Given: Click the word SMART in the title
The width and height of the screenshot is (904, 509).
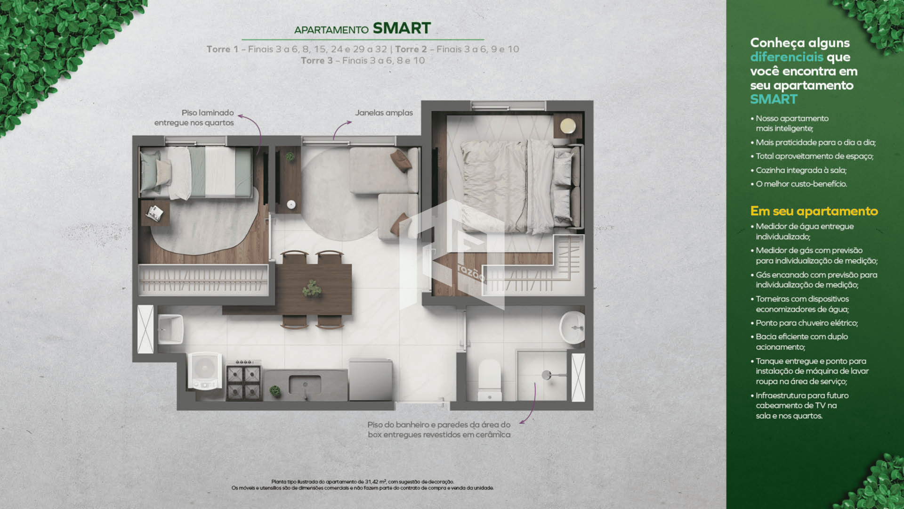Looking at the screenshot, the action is coord(402,28).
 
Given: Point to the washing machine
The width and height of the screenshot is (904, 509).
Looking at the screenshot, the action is coord(205,371).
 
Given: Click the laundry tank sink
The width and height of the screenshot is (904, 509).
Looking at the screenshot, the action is coord(170,329).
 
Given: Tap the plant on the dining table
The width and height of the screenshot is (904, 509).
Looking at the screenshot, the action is coord(312,288).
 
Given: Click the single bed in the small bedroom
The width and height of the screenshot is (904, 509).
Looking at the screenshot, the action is coord(196,172).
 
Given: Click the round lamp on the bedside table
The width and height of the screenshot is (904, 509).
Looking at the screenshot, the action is coord(568,126).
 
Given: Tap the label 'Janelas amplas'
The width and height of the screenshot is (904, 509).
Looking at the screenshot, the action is coord(384,113).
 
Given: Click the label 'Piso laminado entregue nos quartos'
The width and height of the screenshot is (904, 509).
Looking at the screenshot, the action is coord(194,118).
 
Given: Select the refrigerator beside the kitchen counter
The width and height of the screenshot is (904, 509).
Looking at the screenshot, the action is coord(371,379).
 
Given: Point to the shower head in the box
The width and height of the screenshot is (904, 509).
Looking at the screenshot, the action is coord(547,375).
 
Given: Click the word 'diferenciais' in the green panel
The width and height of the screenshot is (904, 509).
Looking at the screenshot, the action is coord(787,57).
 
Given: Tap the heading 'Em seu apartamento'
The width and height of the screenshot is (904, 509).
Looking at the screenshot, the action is coord(814,211).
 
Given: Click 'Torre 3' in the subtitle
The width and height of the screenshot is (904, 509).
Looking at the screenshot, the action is coord(316,61).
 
